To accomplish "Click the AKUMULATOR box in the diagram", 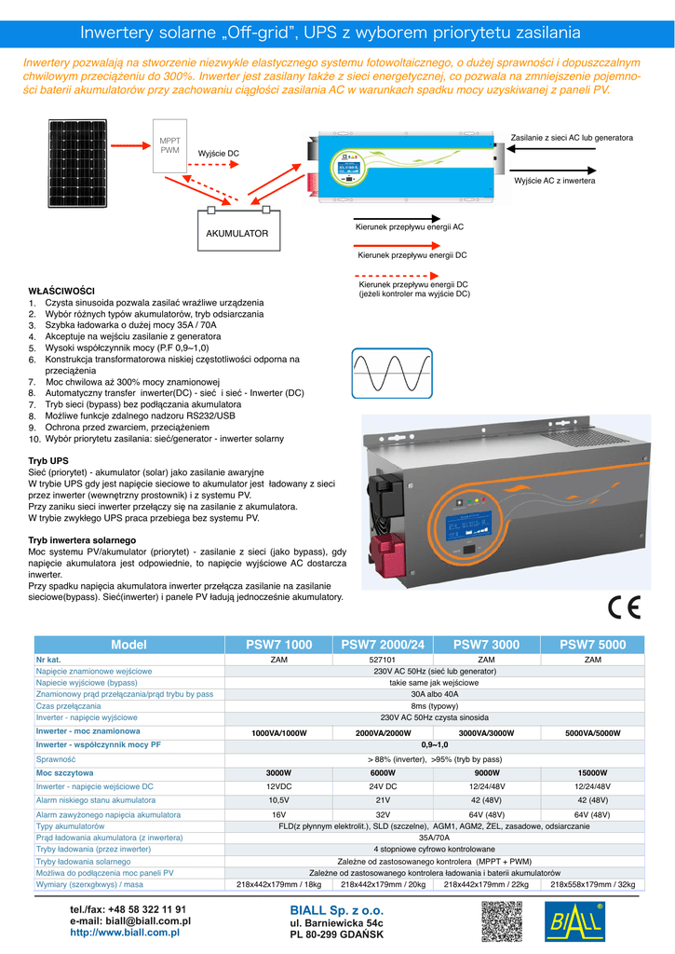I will [236, 233].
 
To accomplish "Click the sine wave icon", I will [391, 373].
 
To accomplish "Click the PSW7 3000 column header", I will [486, 645].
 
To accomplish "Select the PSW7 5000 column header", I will [593, 645].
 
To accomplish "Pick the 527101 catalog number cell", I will [383, 660].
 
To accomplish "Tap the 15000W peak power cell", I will [593, 773].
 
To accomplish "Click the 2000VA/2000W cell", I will [383, 733].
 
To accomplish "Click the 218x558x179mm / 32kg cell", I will [593, 884].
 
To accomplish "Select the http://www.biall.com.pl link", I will [125, 932].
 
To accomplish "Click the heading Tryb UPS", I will [48, 461].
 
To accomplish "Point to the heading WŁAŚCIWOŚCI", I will [62, 292].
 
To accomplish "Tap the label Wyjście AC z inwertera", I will [554, 179].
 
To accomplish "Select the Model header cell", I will [128, 645].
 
